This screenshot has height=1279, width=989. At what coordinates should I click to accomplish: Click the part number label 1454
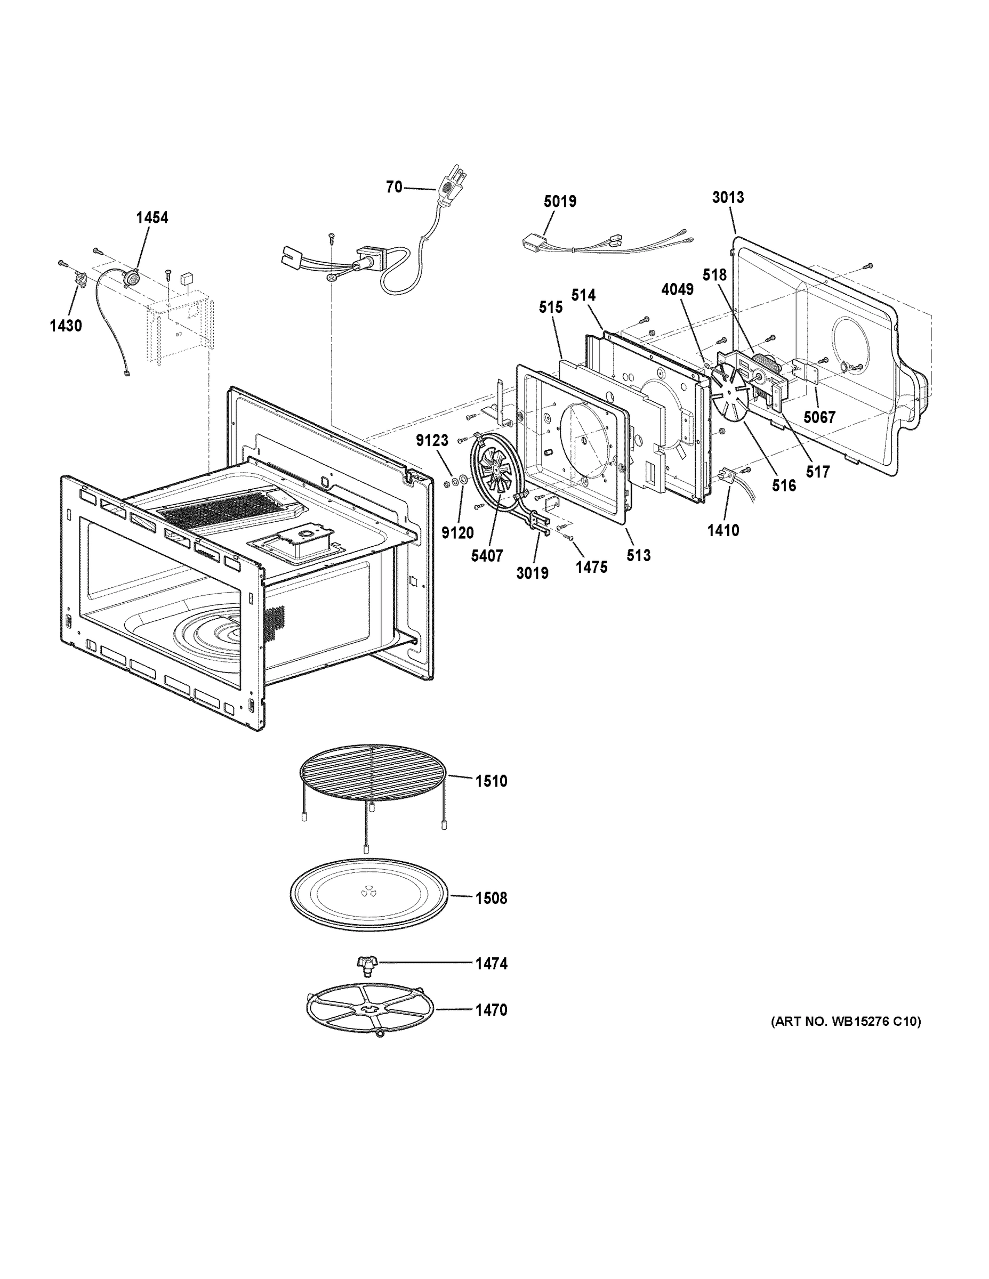coord(152,218)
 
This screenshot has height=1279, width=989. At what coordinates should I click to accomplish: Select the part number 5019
coord(559,201)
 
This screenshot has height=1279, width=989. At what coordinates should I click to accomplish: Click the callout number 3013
coord(728,197)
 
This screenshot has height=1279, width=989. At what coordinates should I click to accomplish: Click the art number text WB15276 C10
coord(845,1022)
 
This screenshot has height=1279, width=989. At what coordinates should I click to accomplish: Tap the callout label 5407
coord(487,556)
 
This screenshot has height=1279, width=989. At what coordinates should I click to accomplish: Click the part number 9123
coord(432,441)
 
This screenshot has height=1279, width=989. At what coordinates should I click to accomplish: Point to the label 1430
coord(66,326)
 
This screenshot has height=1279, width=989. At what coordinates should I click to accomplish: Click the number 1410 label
coord(723,531)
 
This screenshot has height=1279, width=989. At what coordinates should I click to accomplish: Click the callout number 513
coord(638,555)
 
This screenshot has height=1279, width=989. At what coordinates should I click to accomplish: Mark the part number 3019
coord(532,573)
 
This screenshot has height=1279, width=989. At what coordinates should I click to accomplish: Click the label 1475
coord(591,567)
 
